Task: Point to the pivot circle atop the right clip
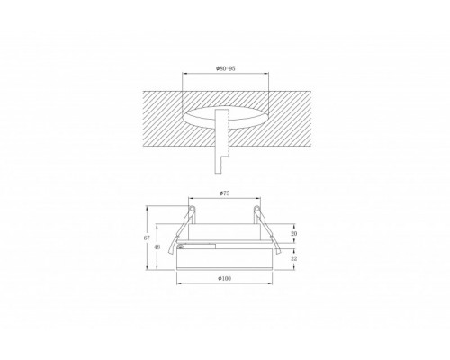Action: (256, 209)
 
